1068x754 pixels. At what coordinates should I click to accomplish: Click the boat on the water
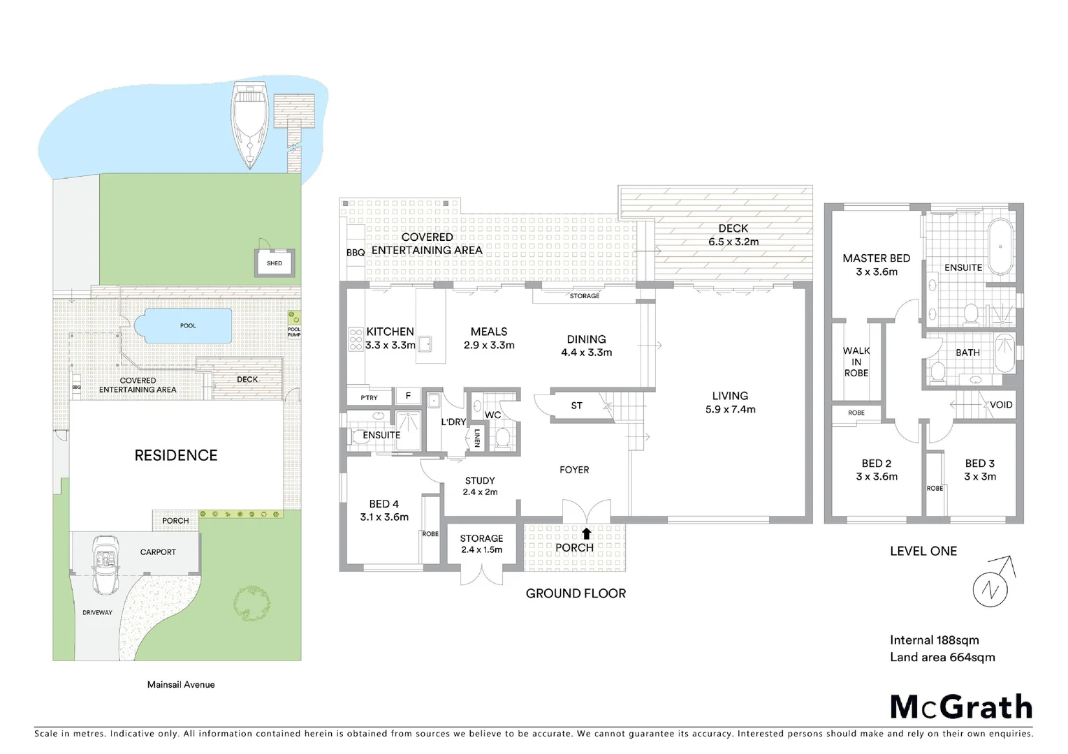coord(249,124)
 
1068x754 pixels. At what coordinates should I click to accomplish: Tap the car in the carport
coord(106,564)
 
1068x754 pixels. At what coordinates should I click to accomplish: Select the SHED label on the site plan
coord(275,263)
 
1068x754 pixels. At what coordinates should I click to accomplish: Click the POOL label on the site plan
coord(188,326)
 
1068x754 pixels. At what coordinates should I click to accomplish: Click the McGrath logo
coord(960,707)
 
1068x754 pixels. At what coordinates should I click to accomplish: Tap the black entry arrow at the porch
coord(587,534)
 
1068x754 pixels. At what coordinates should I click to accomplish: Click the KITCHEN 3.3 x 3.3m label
coord(390,338)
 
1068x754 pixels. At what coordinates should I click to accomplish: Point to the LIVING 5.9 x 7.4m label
coord(730,402)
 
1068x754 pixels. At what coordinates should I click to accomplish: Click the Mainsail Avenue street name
coord(181,684)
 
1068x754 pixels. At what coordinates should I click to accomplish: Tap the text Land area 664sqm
coord(942,657)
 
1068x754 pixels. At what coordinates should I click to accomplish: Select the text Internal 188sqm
coord(934,640)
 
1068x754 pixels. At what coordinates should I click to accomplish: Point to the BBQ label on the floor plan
coord(356,252)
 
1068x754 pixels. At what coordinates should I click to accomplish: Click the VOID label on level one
coord(1000,405)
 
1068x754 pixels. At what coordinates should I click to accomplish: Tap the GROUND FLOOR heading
coord(576,593)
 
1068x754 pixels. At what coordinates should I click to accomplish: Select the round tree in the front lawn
coord(251,603)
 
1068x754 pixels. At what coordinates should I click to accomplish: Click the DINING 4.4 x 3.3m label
coord(586,346)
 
